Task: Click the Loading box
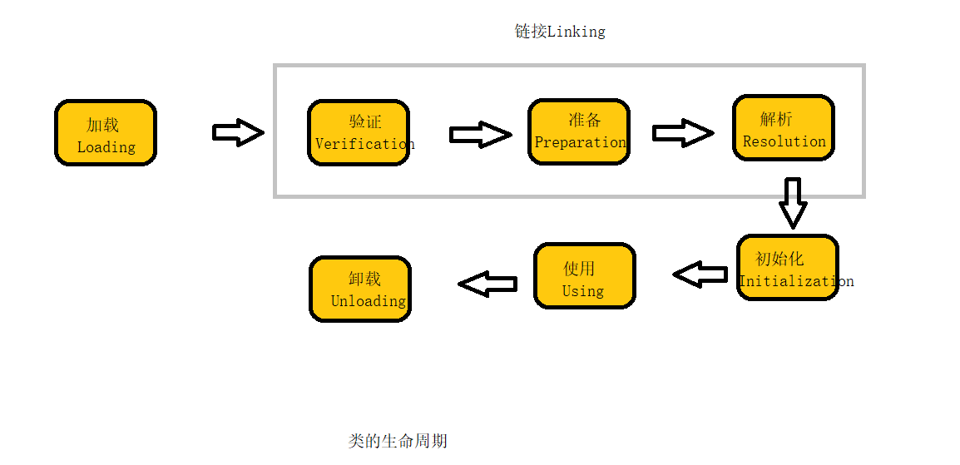coord(106,133)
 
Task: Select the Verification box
coord(359,133)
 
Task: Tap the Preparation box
coord(579,132)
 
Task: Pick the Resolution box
coord(783,127)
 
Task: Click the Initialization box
coord(787,268)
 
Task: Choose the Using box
coord(584,276)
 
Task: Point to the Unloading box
coord(360,289)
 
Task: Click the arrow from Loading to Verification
coord(238,132)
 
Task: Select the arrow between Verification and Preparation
coord(480,134)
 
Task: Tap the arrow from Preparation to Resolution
coord(682,133)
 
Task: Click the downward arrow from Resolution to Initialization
coord(793,202)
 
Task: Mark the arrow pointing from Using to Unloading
coord(487,284)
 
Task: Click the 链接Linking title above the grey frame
coord(560,32)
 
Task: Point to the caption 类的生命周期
coord(398,441)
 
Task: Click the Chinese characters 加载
coord(103,125)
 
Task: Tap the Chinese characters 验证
coord(365,121)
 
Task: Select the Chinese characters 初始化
coord(779,259)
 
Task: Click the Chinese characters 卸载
coord(364,279)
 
